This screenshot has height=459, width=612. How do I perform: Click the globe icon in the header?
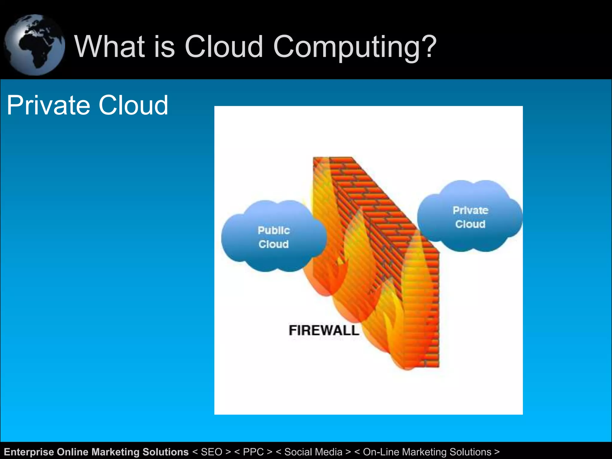34,45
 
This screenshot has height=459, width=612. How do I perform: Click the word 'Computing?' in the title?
355,47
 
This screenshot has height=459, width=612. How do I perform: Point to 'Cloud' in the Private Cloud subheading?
133,105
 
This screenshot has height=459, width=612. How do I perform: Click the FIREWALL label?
324,331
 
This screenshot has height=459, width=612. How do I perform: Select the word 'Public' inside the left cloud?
274,230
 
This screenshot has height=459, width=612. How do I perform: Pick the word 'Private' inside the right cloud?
470,210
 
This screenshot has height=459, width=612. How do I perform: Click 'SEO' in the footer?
212,452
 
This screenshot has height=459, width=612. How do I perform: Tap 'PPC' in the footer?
253,452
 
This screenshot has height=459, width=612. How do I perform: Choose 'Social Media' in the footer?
313,452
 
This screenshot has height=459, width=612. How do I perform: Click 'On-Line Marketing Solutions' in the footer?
427,452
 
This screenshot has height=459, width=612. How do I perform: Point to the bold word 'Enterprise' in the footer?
29,452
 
